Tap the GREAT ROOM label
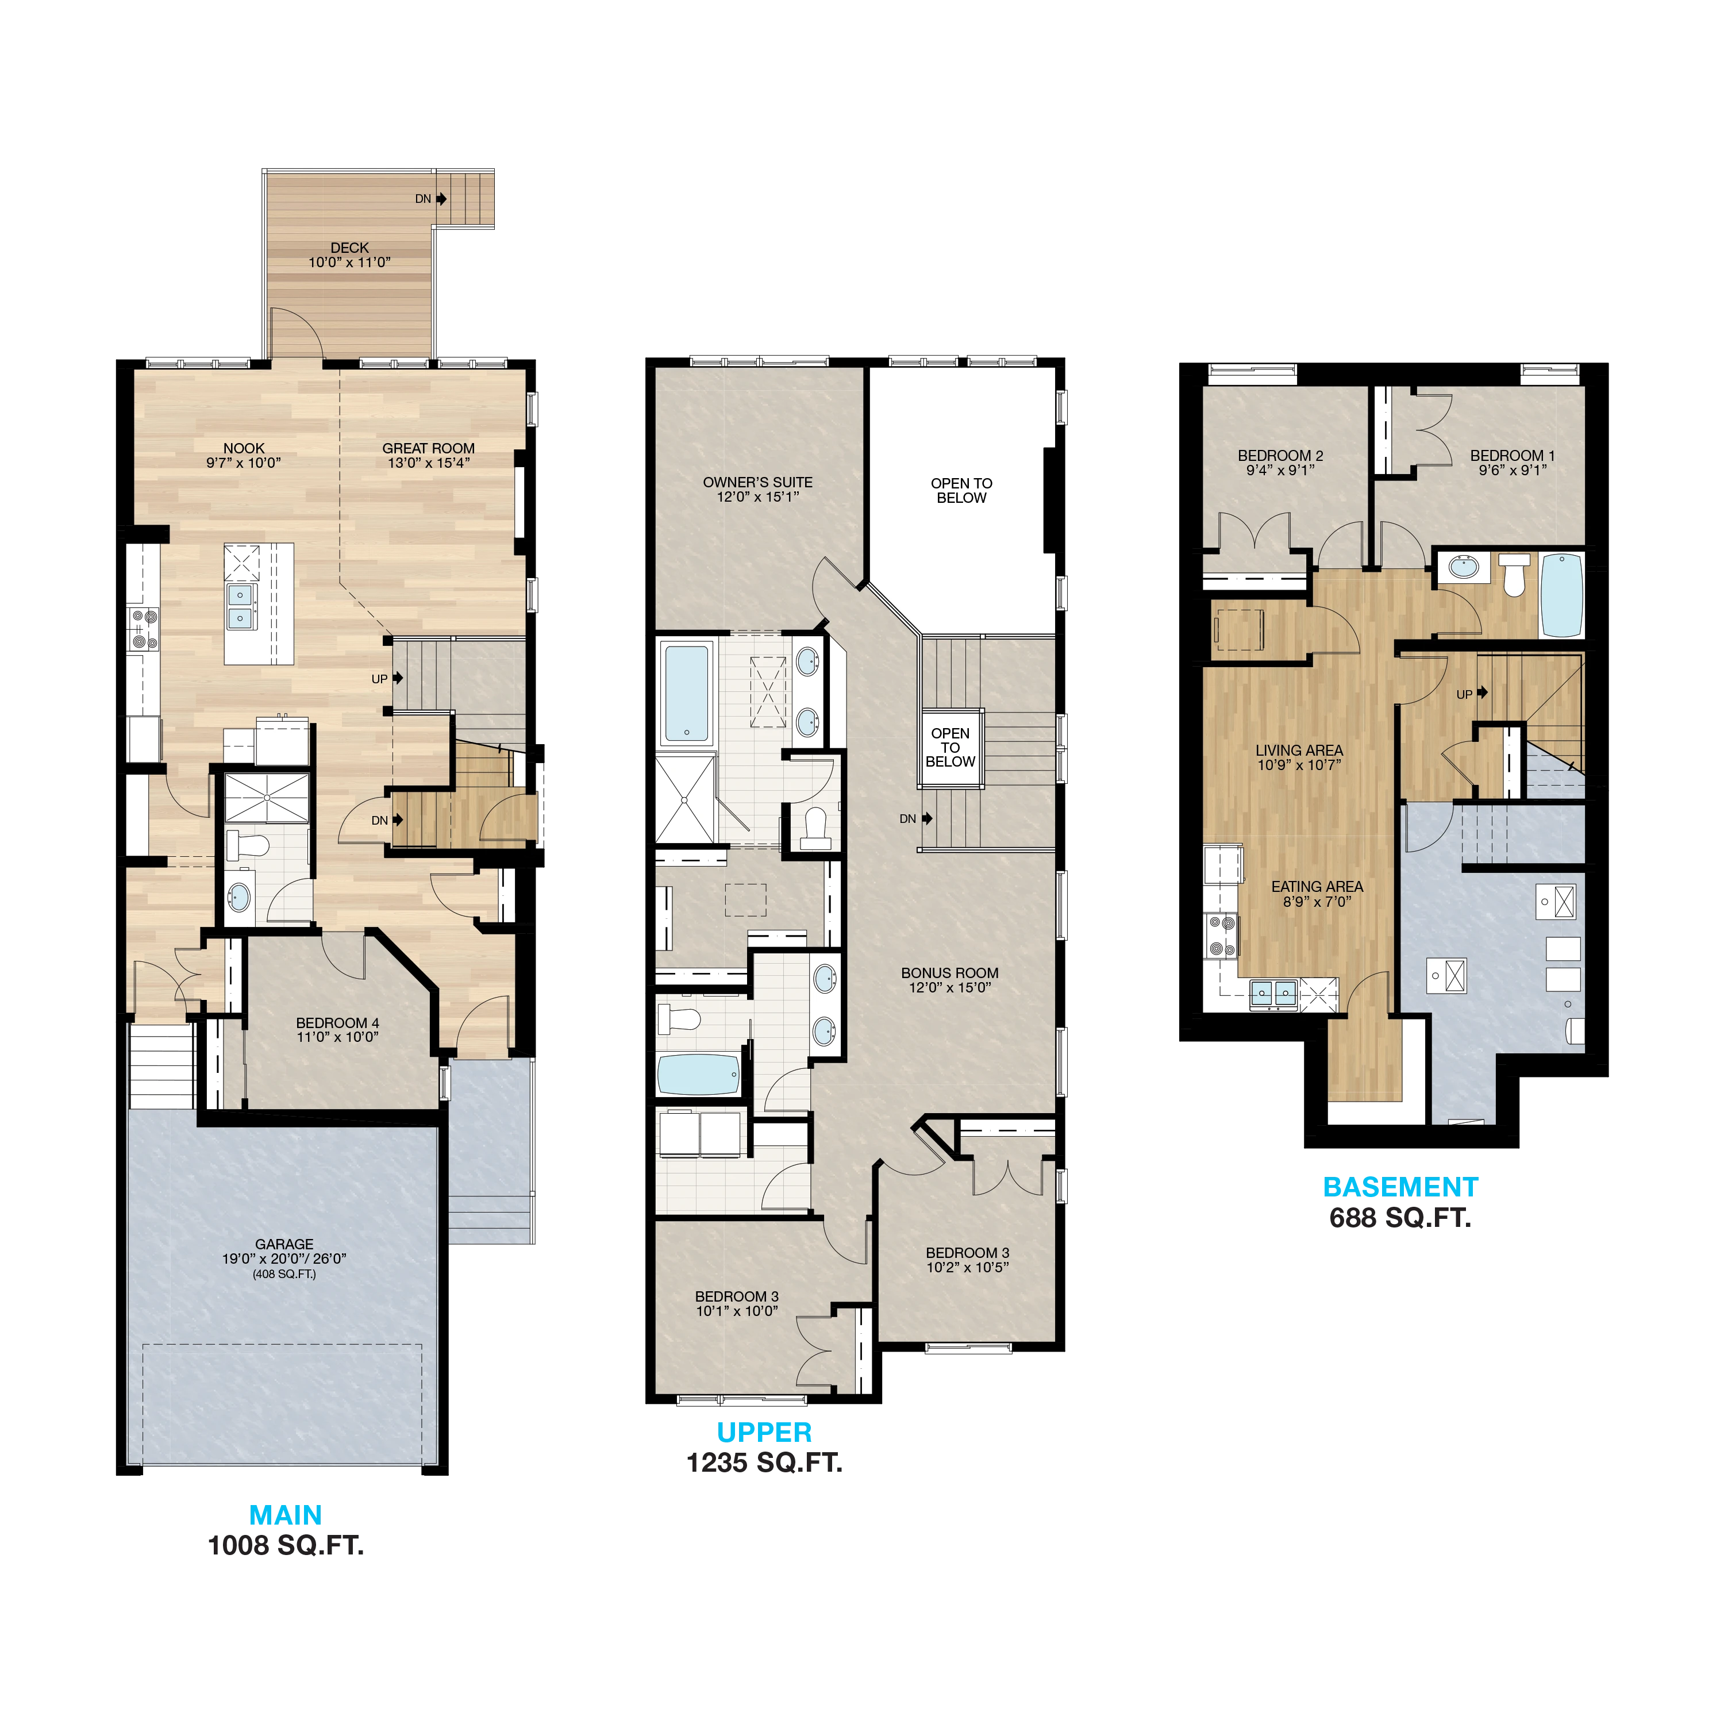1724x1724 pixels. click(x=428, y=448)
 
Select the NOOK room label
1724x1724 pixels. click(x=244, y=448)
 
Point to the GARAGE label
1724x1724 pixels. click(x=284, y=1244)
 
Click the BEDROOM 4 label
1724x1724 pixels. click(x=337, y=1023)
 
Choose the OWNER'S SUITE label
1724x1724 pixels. click(x=757, y=482)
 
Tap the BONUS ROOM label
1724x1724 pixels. click(x=949, y=973)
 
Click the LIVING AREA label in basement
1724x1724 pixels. click(x=1299, y=751)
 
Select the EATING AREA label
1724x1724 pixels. click(x=1317, y=886)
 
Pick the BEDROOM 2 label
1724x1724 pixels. click(x=1280, y=455)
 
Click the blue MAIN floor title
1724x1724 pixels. click(x=286, y=1515)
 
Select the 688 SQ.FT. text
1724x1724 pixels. click(x=1400, y=1218)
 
